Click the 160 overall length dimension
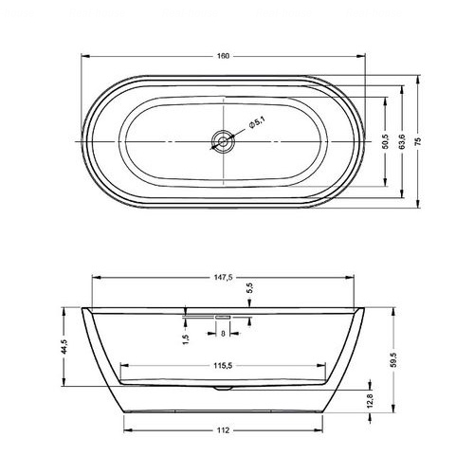pyautogui.click(x=223, y=56)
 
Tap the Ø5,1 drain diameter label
pyautogui.click(x=257, y=122)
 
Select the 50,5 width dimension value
pyautogui.click(x=385, y=141)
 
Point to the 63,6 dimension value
pyautogui.click(x=402, y=141)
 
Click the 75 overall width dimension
pyautogui.click(x=418, y=141)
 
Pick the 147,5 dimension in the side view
pyautogui.click(x=223, y=277)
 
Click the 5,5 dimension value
pyautogui.click(x=249, y=288)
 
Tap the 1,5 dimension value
pyautogui.click(x=186, y=339)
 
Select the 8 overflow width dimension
pyautogui.click(x=223, y=333)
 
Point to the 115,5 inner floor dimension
pyautogui.click(x=223, y=366)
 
